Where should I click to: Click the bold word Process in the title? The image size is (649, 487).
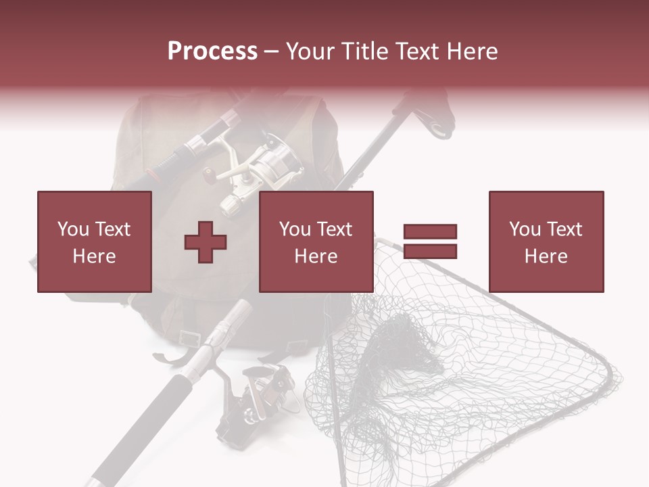[x=212, y=51]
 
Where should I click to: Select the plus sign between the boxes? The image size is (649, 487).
[x=206, y=242]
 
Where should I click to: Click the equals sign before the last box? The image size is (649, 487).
[x=430, y=241]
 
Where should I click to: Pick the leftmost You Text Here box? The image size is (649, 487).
[x=94, y=241]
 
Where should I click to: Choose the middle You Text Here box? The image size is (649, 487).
[x=316, y=241]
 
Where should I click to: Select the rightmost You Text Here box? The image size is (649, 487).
[x=546, y=241]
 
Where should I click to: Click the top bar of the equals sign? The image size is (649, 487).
[x=430, y=232]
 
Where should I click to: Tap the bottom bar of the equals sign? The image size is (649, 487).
[x=430, y=252]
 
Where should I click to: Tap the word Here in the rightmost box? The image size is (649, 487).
[x=546, y=256]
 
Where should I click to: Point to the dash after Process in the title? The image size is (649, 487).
[x=271, y=51]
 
